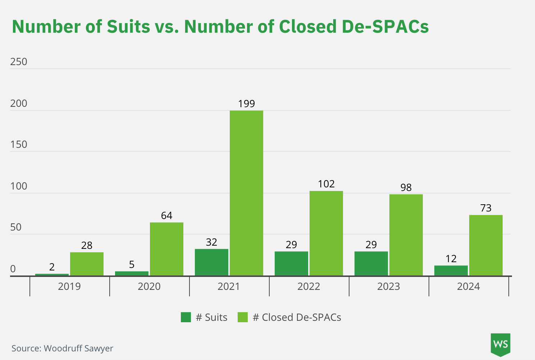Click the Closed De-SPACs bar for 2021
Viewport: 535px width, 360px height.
[x=246, y=193]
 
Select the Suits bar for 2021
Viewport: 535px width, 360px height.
[x=211, y=263]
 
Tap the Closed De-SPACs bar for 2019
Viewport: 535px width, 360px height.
[x=87, y=264]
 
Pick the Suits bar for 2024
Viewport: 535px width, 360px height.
[x=451, y=271]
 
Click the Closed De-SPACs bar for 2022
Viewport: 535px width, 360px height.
[x=326, y=233]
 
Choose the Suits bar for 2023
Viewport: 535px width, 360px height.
[x=371, y=264]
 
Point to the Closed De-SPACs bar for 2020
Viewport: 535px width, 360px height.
[x=166, y=249]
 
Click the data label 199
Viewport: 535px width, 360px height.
[x=246, y=104]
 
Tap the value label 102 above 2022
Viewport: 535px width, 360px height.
[x=326, y=184]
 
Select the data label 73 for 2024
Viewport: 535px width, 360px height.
[x=486, y=208]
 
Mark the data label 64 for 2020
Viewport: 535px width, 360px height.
[x=166, y=216]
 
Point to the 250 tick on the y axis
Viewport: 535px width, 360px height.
[x=19, y=62]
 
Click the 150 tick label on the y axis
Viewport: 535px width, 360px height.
[x=19, y=145]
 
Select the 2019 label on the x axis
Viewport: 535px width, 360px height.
[x=69, y=287]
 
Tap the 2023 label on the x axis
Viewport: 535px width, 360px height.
[x=388, y=287]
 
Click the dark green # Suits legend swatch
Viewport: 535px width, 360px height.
[x=186, y=317]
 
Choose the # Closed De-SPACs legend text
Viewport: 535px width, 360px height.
[x=297, y=317]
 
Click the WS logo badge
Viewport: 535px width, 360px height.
[x=500, y=344]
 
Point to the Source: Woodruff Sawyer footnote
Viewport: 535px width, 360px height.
[x=62, y=348]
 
